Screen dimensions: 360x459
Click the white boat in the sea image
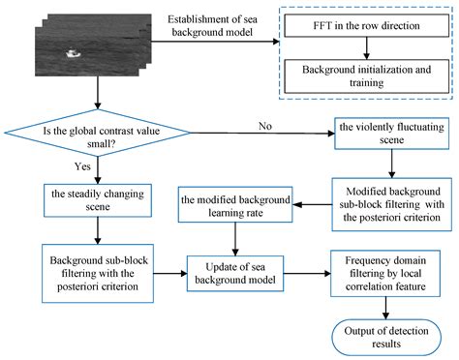71,54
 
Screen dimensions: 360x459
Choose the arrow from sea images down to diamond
97,92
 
